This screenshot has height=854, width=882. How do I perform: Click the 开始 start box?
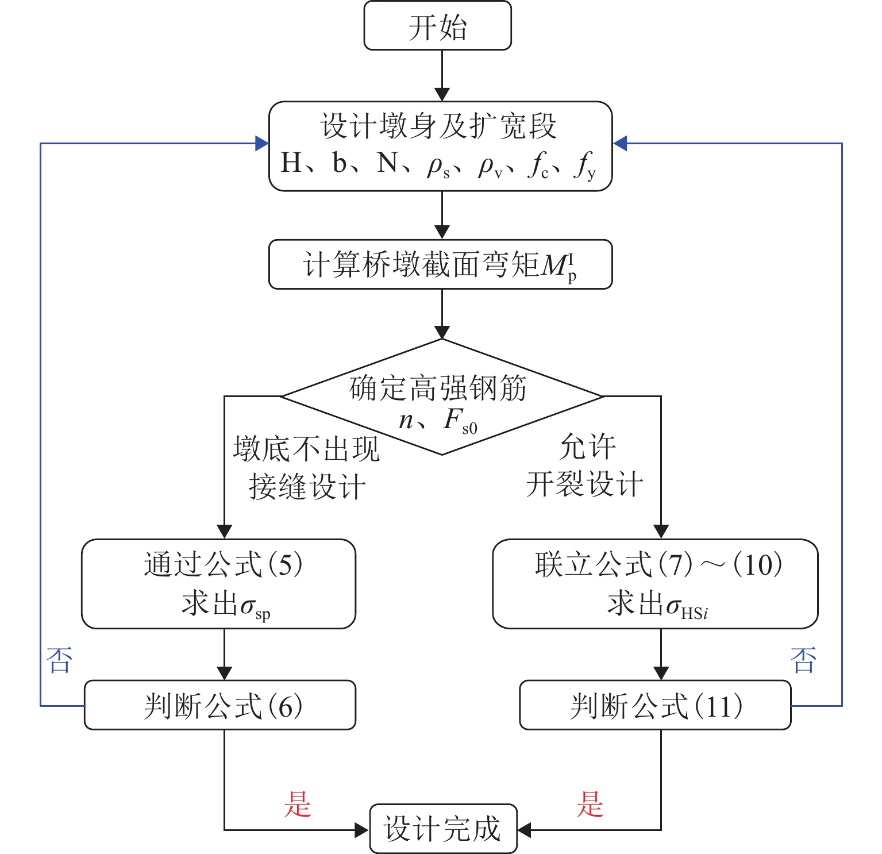click(437, 26)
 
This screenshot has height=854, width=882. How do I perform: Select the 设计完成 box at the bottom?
click(443, 829)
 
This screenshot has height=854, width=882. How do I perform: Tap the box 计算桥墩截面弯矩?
click(441, 265)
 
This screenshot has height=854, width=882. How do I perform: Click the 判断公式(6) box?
click(220, 705)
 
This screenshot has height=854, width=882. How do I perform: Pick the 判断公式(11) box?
click(655, 705)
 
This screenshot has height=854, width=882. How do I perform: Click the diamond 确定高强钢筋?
click(441, 397)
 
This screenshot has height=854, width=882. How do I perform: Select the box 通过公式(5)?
click(218, 584)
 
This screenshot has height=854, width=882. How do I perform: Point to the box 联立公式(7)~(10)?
click(655, 584)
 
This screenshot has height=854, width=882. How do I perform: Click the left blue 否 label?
click(60, 660)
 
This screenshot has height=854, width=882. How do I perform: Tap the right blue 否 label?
click(803, 660)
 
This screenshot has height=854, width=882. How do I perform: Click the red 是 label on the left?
click(298, 804)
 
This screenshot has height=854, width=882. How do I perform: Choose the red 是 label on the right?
click(590, 804)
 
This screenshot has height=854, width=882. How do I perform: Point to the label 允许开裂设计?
click(586, 466)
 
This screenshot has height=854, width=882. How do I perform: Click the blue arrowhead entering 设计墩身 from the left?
click(262, 143)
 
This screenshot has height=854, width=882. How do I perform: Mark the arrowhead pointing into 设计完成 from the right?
click(524, 829)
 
